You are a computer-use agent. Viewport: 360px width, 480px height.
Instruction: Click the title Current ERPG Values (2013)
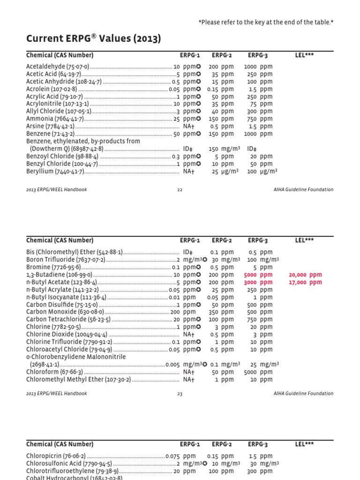(x=93, y=38)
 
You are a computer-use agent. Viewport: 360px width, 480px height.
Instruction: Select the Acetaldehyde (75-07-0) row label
(x=58, y=67)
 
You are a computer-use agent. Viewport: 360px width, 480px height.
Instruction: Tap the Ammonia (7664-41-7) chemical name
(x=55, y=119)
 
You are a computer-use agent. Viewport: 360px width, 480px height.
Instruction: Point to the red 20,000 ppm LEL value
(x=306, y=275)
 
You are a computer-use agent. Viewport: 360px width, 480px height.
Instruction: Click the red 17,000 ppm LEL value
(x=306, y=282)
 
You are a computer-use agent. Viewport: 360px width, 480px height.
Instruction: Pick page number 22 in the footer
(x=180, y=190)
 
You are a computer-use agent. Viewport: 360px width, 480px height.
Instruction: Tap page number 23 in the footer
(x=180, y=394)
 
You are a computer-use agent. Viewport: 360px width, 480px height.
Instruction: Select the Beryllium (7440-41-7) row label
(x=55, y=172)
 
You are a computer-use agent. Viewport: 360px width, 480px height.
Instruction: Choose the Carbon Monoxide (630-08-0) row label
(x=65, y=312)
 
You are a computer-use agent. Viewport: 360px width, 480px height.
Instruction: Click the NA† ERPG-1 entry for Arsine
(x=189, y=127)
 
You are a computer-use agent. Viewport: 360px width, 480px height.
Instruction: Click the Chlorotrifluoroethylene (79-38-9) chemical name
(x=72, y=471)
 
